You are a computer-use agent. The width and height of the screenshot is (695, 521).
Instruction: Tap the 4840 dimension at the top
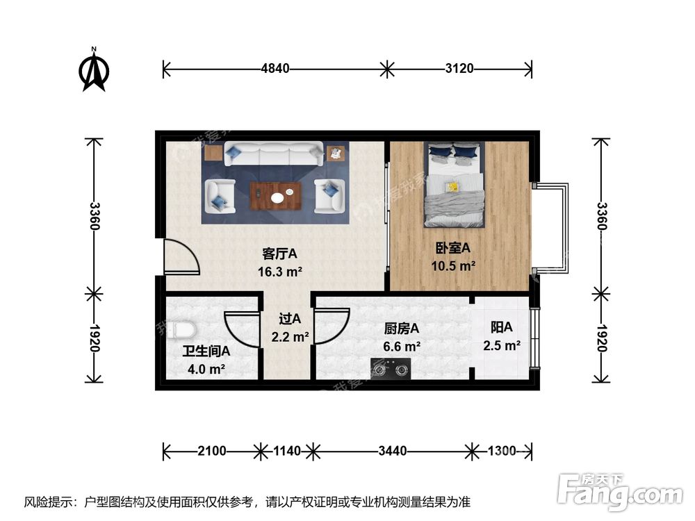275,69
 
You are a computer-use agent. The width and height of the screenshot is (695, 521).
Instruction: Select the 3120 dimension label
459,69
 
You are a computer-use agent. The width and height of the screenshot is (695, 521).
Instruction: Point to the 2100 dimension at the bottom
211,452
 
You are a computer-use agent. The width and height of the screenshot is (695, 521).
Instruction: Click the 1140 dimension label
286,452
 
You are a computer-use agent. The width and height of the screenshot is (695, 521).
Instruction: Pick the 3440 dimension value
393,452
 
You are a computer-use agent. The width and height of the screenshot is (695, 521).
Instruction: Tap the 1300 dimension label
501,452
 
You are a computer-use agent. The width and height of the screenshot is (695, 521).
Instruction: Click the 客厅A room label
279,253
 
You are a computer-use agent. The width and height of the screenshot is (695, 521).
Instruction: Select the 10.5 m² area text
455,265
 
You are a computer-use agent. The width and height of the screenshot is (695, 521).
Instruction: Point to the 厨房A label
402,329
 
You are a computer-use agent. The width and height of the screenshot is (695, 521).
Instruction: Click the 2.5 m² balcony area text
502,345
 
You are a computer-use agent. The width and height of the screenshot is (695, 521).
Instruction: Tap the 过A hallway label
290,320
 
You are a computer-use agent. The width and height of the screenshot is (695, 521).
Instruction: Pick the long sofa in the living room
274,154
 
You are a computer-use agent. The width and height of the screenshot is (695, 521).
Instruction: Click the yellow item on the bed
452,186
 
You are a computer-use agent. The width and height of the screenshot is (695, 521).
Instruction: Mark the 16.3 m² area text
279,271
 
